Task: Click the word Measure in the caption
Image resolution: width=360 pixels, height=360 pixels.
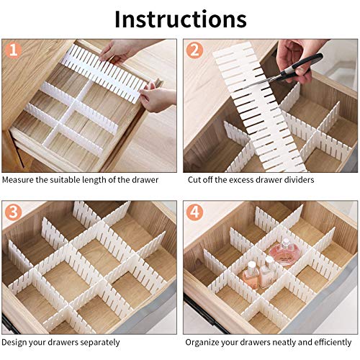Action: (19, 179)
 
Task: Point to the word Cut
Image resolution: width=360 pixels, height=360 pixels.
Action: (194, 179)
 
